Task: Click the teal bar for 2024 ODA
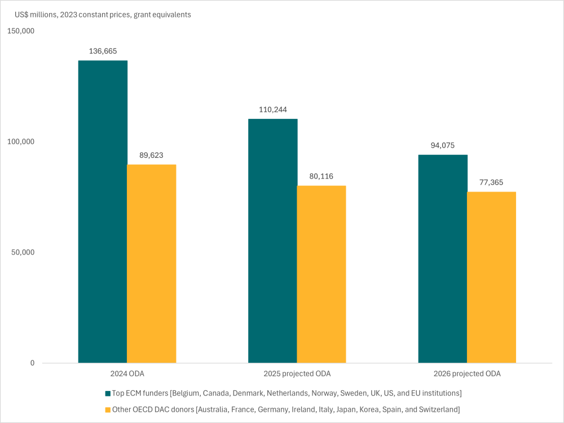click(103, 211)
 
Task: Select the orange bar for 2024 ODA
click(151, 264)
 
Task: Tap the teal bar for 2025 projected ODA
click(273, 241)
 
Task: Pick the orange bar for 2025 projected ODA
click(321, 274)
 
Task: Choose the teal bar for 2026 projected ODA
click(443, 259)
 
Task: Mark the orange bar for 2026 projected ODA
click(491, 277)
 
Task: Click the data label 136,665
click(103, 51)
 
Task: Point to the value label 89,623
click(151, 155)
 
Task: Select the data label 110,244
click(273, 110)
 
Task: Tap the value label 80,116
click(321, 176)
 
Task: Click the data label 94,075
click(443, 145)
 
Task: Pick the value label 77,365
click(491, 182)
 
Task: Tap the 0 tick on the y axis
click(32, 363)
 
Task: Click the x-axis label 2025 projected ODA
click(297, 374)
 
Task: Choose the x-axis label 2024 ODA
click(127, 374)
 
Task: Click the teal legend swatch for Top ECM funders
click(108, 393)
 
